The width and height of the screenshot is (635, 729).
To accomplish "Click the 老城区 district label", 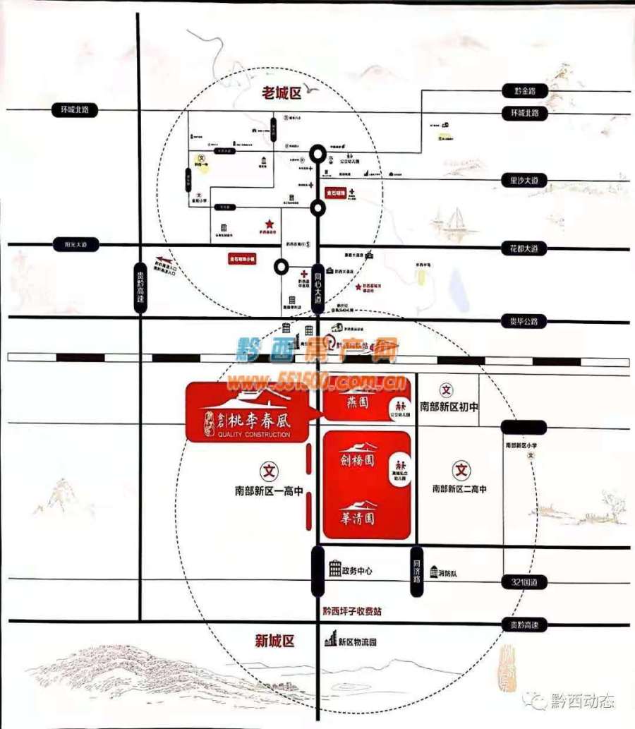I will click(x=281, y=92).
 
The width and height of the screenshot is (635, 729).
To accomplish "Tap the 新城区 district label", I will click(x=274, y=641).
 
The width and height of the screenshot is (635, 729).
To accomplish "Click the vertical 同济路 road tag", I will click(x=417, y=572).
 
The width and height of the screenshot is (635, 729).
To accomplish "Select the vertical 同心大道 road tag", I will click(x=318, y=285).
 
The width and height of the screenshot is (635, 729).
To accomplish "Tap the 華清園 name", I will click(x=357, y=516).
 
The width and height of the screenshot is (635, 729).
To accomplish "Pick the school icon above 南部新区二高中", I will click(x=461, y=469).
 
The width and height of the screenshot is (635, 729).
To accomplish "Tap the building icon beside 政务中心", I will click(x=334, y=568).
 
